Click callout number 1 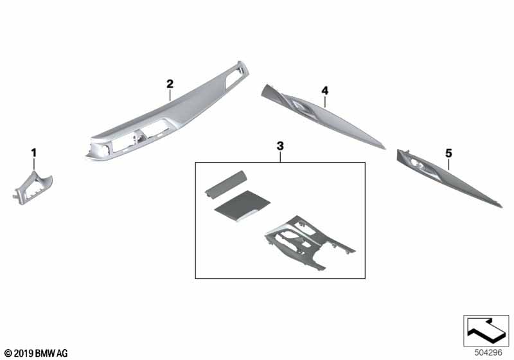34,153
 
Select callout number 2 170,84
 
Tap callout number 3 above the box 280,146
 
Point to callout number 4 324,90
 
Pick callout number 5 448,153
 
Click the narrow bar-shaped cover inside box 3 226,184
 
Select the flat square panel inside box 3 242,206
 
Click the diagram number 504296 488,352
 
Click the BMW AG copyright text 37,354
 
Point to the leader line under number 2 170,95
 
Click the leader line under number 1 34,164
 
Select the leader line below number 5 448,164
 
